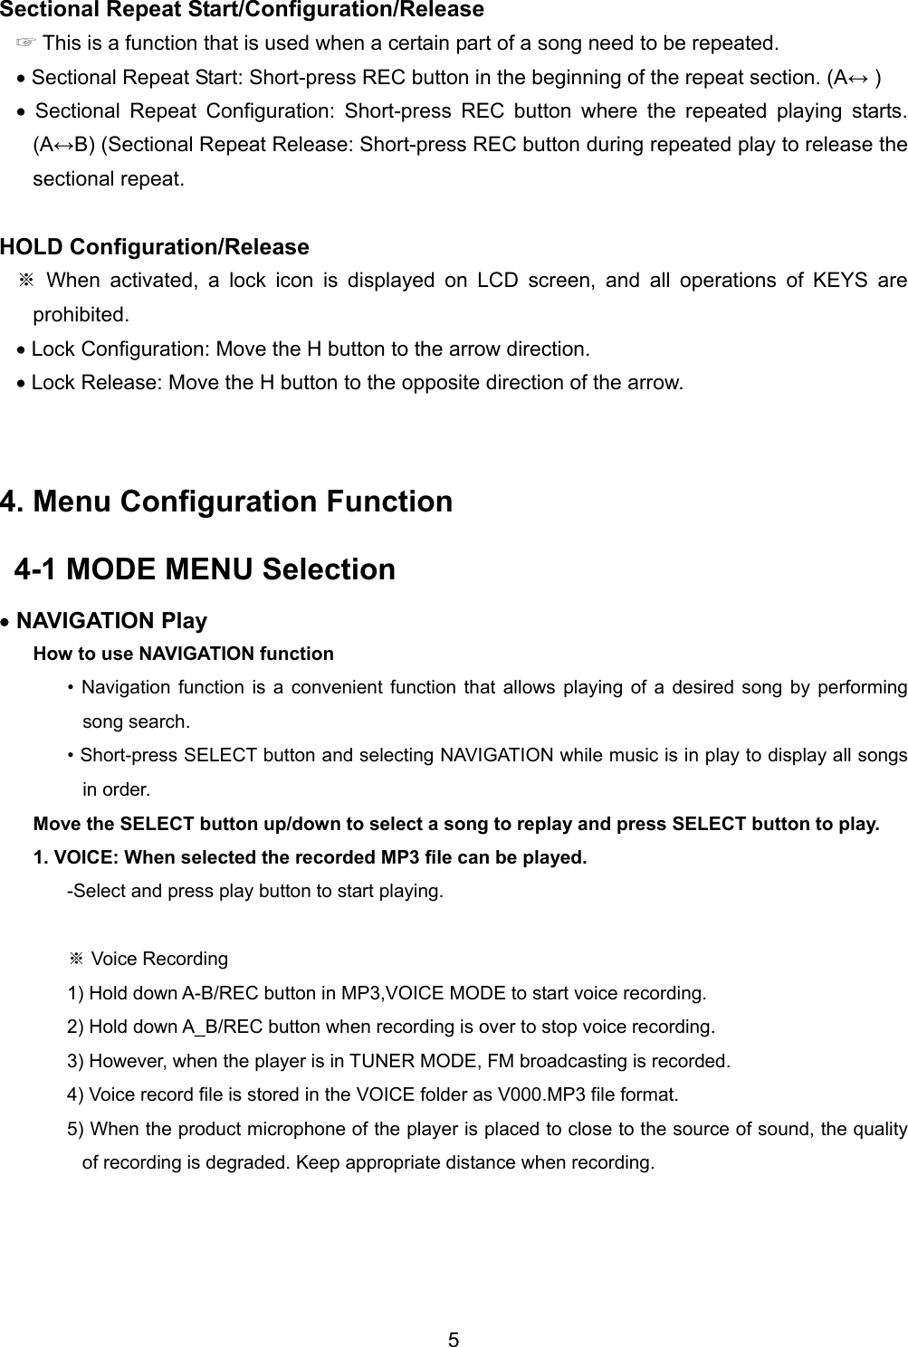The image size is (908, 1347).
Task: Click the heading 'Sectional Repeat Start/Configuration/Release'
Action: coord(242,10)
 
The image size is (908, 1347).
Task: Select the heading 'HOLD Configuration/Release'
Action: coord(155,247)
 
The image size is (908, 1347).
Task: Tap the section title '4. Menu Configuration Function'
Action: coord(226,501)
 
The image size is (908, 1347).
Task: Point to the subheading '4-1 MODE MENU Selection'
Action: coord(205,569)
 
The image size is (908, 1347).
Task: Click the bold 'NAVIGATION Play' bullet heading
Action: coord(111,621)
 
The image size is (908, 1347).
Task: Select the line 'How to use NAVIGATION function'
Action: coord(183,654)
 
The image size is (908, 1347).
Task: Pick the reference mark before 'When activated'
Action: coord(26,281)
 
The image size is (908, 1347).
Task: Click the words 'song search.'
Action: coord(137,721)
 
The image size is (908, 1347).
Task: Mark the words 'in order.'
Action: coord(117,789)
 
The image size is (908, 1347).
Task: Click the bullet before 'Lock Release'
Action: coord(22,384)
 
